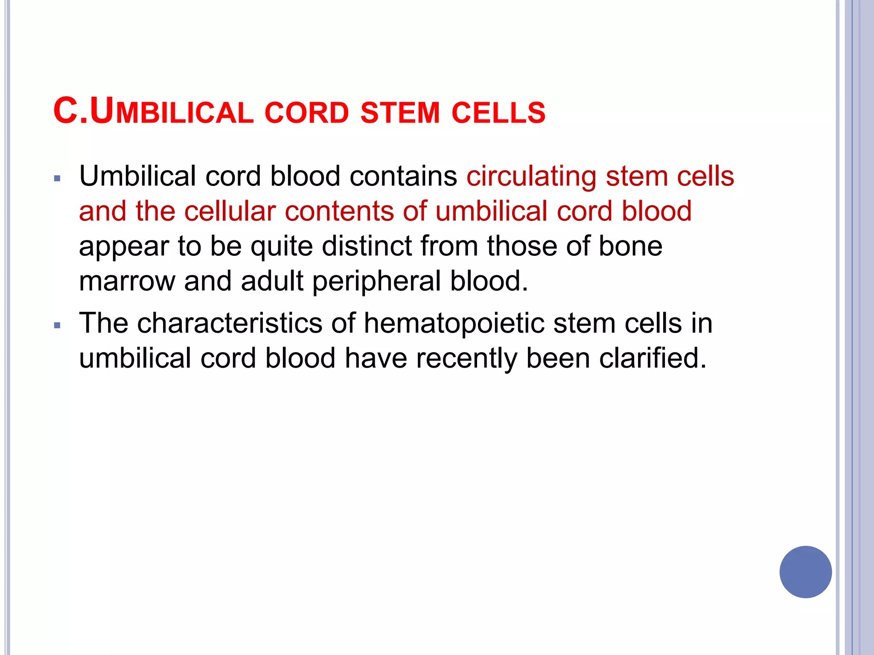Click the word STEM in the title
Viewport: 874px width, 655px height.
(x=400, y=113)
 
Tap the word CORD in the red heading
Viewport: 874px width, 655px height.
(x=307, y=113)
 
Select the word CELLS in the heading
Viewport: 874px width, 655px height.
(x=498, y=113)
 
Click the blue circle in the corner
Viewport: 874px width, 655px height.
(x=805, y=572)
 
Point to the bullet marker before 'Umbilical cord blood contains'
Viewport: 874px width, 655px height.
(x=58, y=178)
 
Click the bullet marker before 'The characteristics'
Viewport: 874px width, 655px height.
(x=58, y=326)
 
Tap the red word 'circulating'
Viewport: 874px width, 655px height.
(x=531, y=177)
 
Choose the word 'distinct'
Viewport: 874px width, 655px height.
(x=367, y=246)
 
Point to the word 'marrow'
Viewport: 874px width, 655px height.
(x=127, y=281)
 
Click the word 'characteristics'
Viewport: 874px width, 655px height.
(x=230, y=323)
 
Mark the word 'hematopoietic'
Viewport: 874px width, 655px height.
(x=454, y=324)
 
